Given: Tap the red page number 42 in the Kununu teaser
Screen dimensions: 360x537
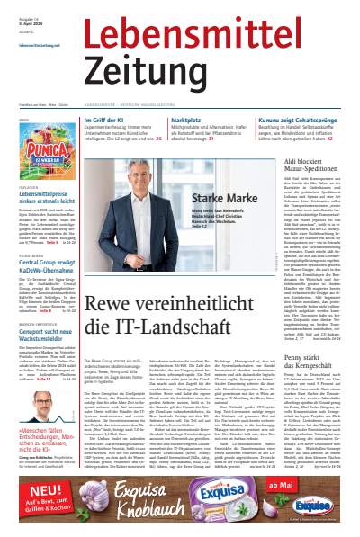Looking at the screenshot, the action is [x=330, y=138].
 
